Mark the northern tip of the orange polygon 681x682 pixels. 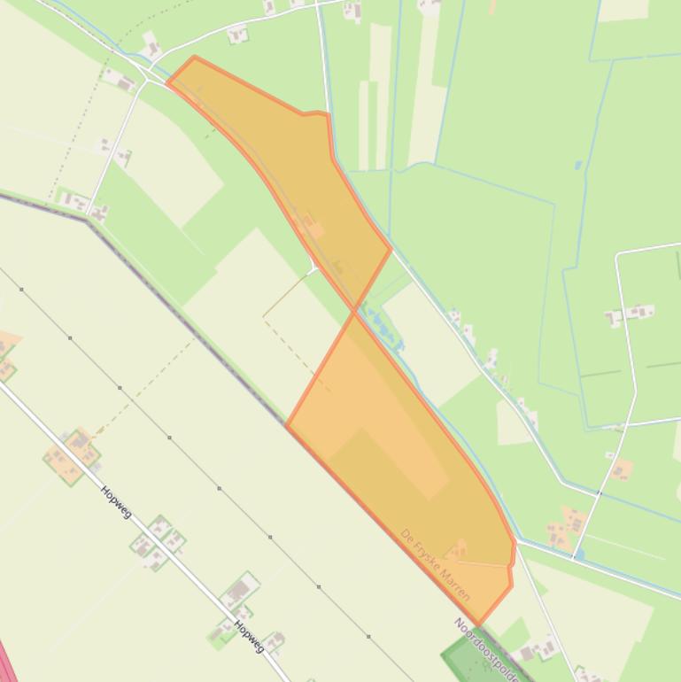tap(194, 58)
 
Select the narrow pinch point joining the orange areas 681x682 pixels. tap(355, 310)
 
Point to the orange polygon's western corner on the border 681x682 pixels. tap(286, 425)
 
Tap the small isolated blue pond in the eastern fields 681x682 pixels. tap(578, 165)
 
